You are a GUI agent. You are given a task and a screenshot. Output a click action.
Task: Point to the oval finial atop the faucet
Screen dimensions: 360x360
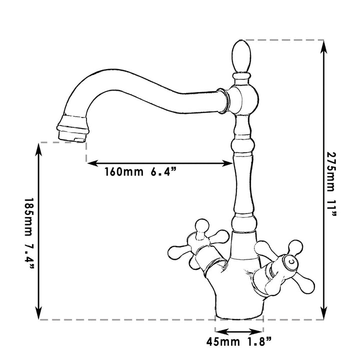(x=241, y=56)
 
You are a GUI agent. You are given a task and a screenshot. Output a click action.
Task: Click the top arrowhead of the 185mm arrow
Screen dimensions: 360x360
(x=39, y=148)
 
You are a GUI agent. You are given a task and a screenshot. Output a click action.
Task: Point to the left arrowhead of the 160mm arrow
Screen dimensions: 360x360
(x=93, y=162)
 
